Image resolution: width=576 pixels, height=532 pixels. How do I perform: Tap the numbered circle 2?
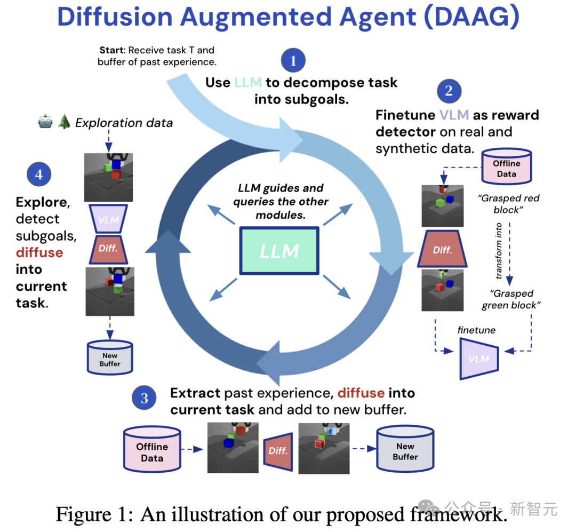pos(449,91)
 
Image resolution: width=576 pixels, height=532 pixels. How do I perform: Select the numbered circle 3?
pos(144,398)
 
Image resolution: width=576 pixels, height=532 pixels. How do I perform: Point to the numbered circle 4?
pos(39,174)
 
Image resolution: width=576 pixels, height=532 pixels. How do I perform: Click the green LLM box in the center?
pos(279,251)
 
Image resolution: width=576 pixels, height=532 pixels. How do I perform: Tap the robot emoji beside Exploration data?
pos(45,123)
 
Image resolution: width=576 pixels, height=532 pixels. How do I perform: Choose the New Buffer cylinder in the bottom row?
pos(405,450)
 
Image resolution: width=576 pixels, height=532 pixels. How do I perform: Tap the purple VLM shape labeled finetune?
pos(478,359)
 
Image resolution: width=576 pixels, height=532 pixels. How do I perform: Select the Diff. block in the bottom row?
pos(278,451)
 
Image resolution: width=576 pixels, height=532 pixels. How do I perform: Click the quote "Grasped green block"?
pos(511,299)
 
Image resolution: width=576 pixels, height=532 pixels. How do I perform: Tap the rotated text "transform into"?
pos(499,250)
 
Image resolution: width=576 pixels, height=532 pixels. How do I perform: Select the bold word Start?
pos(111,51)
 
